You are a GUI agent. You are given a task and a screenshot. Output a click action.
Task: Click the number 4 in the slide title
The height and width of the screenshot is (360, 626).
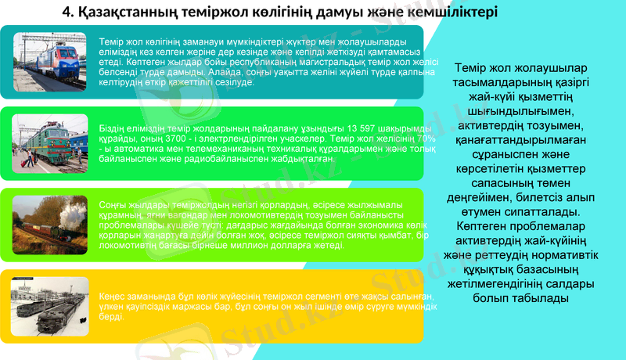[67, 13]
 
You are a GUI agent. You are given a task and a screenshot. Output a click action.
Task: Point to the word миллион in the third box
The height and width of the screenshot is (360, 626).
[271, 246]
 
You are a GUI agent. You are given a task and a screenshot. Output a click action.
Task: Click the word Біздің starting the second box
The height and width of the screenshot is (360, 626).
[115, 128]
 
